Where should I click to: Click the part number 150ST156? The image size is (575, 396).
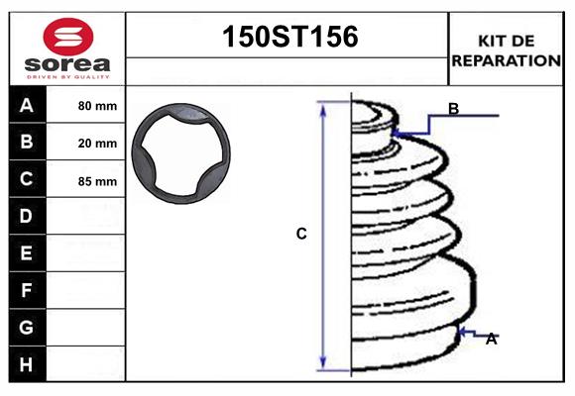tap(287, 38)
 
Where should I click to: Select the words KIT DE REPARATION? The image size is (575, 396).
tap(506, 49)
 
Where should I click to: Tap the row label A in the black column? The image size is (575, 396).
tap(27, 105)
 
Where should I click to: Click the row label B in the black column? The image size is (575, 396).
tap(27, 142)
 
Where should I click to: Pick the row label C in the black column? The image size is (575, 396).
tap(27, 179)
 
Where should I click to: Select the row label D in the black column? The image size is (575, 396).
tap(27, 216)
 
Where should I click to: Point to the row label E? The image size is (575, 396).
tap(27, 253)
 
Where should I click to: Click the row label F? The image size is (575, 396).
tap(27, 290)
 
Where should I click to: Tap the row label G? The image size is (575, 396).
tap(27, 327)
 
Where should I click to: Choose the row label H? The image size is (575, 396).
tap(27, 364)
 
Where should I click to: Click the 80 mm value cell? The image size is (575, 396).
tap(97, 106)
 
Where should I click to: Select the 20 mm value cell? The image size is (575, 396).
tap(97, 144)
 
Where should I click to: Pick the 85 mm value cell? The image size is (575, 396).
tap(97, 181)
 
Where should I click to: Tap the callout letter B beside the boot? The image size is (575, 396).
tap(453, 110)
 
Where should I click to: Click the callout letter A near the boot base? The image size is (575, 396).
tap(491, 340)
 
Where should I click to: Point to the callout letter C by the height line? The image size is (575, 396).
tap(301, 235)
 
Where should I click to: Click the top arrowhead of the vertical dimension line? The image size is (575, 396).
tap(323, 106)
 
